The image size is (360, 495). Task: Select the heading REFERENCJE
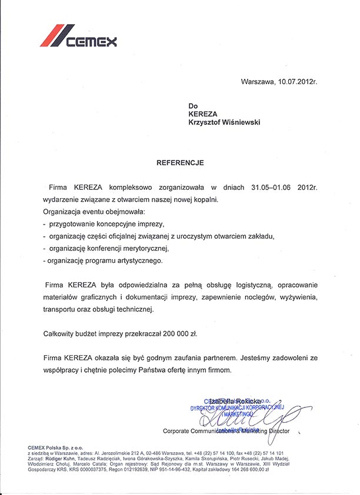coord(180,160)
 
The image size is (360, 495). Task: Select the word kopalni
coord(204,200)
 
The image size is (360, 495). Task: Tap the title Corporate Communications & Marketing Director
coord(230,430)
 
